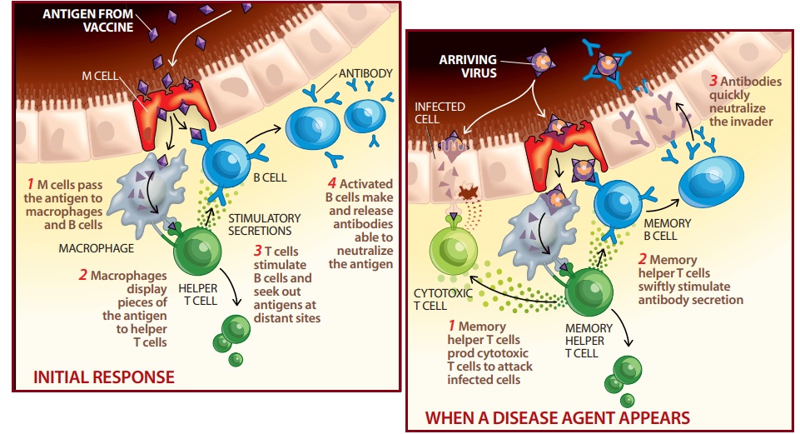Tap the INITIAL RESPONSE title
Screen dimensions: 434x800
coord(103,377)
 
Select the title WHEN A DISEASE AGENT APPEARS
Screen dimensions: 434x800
coord(557,416)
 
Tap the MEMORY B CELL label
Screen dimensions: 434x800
coord(668,230)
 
